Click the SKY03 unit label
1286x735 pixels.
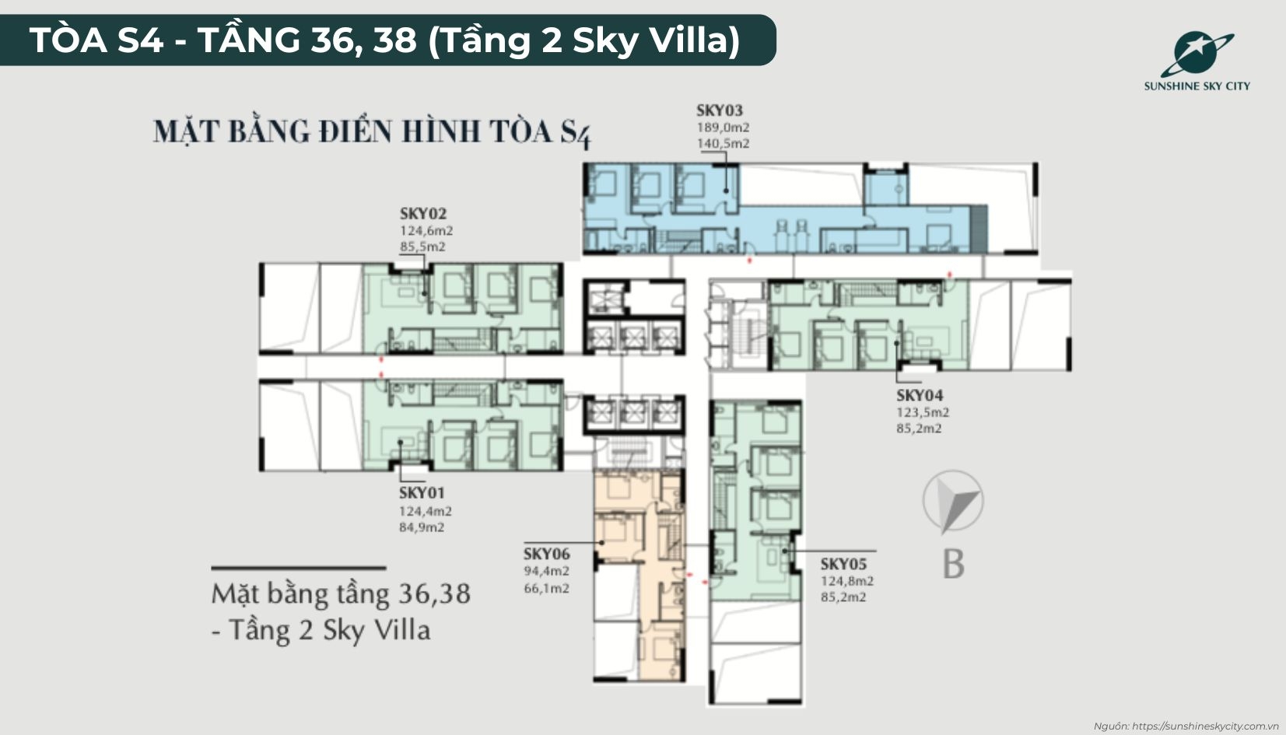[719, 110]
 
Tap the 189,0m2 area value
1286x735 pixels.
[723, 128]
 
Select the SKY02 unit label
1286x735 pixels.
[423, 214]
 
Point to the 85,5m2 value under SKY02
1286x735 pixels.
[422, 247]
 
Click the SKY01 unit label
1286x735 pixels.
[422, 493]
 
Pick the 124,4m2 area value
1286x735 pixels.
[425, 511]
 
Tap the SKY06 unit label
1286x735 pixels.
[546, 554]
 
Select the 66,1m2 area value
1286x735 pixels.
[546, 588]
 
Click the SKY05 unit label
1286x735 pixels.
[843, 564]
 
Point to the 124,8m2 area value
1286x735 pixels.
[846, 581]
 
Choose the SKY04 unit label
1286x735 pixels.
[920, 395]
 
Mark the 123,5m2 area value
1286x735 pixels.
[923, 412]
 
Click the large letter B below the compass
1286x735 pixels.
[954, 564]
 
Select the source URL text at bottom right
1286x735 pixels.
[1186, 726]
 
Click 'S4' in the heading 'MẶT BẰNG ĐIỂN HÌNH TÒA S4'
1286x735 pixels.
[576, 134]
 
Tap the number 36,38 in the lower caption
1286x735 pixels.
[434, 594]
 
